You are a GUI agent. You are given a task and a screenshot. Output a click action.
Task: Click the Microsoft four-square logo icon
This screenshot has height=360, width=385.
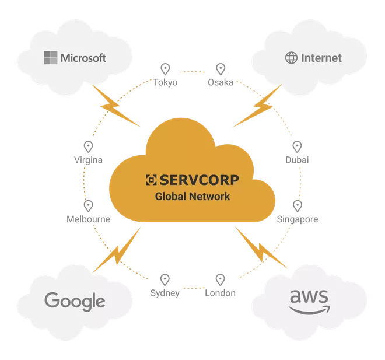click(51, 58)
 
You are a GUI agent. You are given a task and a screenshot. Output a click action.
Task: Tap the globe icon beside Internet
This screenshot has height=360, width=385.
click(291, 58)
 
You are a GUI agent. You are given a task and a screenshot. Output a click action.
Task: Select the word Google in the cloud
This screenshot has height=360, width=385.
click(75, 302)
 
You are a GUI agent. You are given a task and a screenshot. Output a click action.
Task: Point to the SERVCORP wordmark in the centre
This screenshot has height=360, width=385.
click(199, 180)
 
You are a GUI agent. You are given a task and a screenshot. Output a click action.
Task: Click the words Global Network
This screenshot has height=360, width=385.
click(192, 197)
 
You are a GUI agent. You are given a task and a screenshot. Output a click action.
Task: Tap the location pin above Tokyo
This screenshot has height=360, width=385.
click(165, 69)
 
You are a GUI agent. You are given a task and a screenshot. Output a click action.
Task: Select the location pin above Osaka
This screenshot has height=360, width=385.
click(220, 69)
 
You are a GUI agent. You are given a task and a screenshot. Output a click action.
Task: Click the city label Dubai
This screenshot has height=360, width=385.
click(297, 160)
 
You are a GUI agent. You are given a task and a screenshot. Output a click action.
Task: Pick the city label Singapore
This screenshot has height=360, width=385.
click(297, 219)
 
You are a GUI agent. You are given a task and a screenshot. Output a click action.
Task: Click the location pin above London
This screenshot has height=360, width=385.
click(220, 280)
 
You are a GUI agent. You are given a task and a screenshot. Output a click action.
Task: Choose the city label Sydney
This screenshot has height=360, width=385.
click(164, 293)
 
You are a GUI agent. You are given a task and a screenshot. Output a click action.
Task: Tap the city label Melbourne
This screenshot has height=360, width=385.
click(89, 219)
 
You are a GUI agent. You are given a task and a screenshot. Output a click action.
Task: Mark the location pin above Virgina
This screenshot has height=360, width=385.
click(89, 147)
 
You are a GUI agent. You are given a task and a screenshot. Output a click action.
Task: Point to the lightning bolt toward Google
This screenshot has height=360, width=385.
click(117, 250)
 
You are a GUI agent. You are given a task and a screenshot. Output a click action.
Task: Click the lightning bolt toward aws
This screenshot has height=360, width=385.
click(261, 248)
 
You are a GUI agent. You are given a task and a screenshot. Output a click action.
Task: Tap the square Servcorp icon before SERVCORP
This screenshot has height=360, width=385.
click(151, 180)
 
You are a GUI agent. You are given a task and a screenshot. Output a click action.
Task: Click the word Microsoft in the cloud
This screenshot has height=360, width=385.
click(83, 58)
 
